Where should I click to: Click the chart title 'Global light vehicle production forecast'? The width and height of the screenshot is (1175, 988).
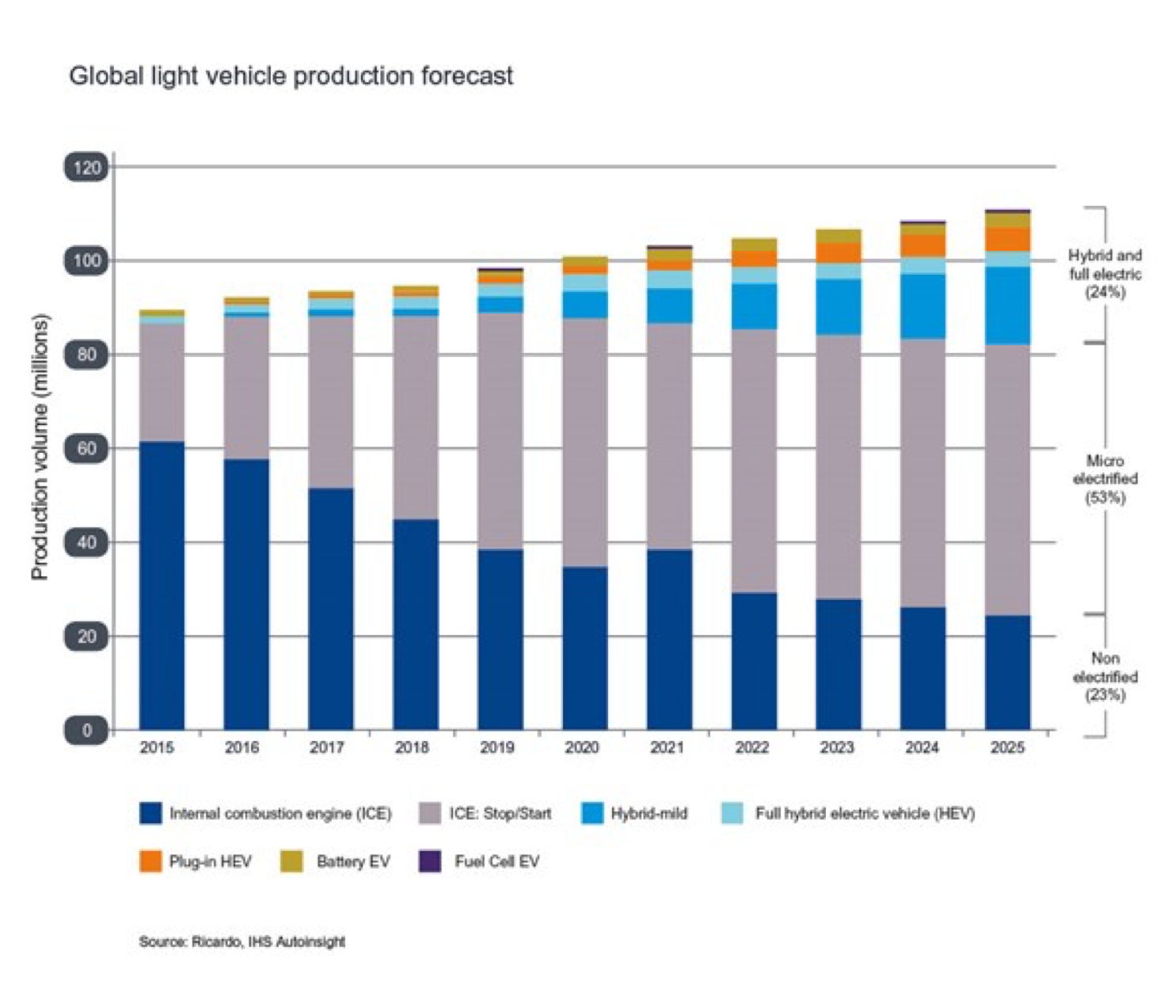point(291,76)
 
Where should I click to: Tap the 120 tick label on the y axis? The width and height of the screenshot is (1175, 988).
point(87,168)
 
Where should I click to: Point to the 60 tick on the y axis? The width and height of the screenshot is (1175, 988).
point(87,449)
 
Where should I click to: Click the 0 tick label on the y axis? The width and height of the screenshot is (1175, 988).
point(87,730)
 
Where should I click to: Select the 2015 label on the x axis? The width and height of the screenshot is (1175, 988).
point(157,747)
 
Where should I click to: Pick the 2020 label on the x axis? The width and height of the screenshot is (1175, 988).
point(582,747)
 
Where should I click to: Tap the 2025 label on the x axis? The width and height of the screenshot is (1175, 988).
point(1007,747)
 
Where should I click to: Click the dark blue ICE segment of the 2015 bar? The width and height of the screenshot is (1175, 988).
point(162,586)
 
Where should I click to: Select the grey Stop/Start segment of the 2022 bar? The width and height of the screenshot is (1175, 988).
point(754,461)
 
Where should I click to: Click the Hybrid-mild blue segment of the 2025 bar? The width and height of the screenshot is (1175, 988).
point(1008,306)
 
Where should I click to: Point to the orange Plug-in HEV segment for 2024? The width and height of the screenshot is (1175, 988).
point(923,245)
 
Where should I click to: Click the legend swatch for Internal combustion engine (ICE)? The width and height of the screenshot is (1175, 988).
point(150,813)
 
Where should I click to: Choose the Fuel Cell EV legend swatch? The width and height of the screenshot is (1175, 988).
point(430,861)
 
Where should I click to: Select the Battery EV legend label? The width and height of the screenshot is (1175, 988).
point(353,861)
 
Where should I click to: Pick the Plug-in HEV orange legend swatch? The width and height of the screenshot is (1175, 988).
point(150,861)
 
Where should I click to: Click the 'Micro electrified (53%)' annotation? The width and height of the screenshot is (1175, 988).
point(1105,479)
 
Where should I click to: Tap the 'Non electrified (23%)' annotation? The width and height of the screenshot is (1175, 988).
point(1105,677)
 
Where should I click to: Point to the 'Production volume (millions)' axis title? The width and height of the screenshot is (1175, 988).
point(40,447)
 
